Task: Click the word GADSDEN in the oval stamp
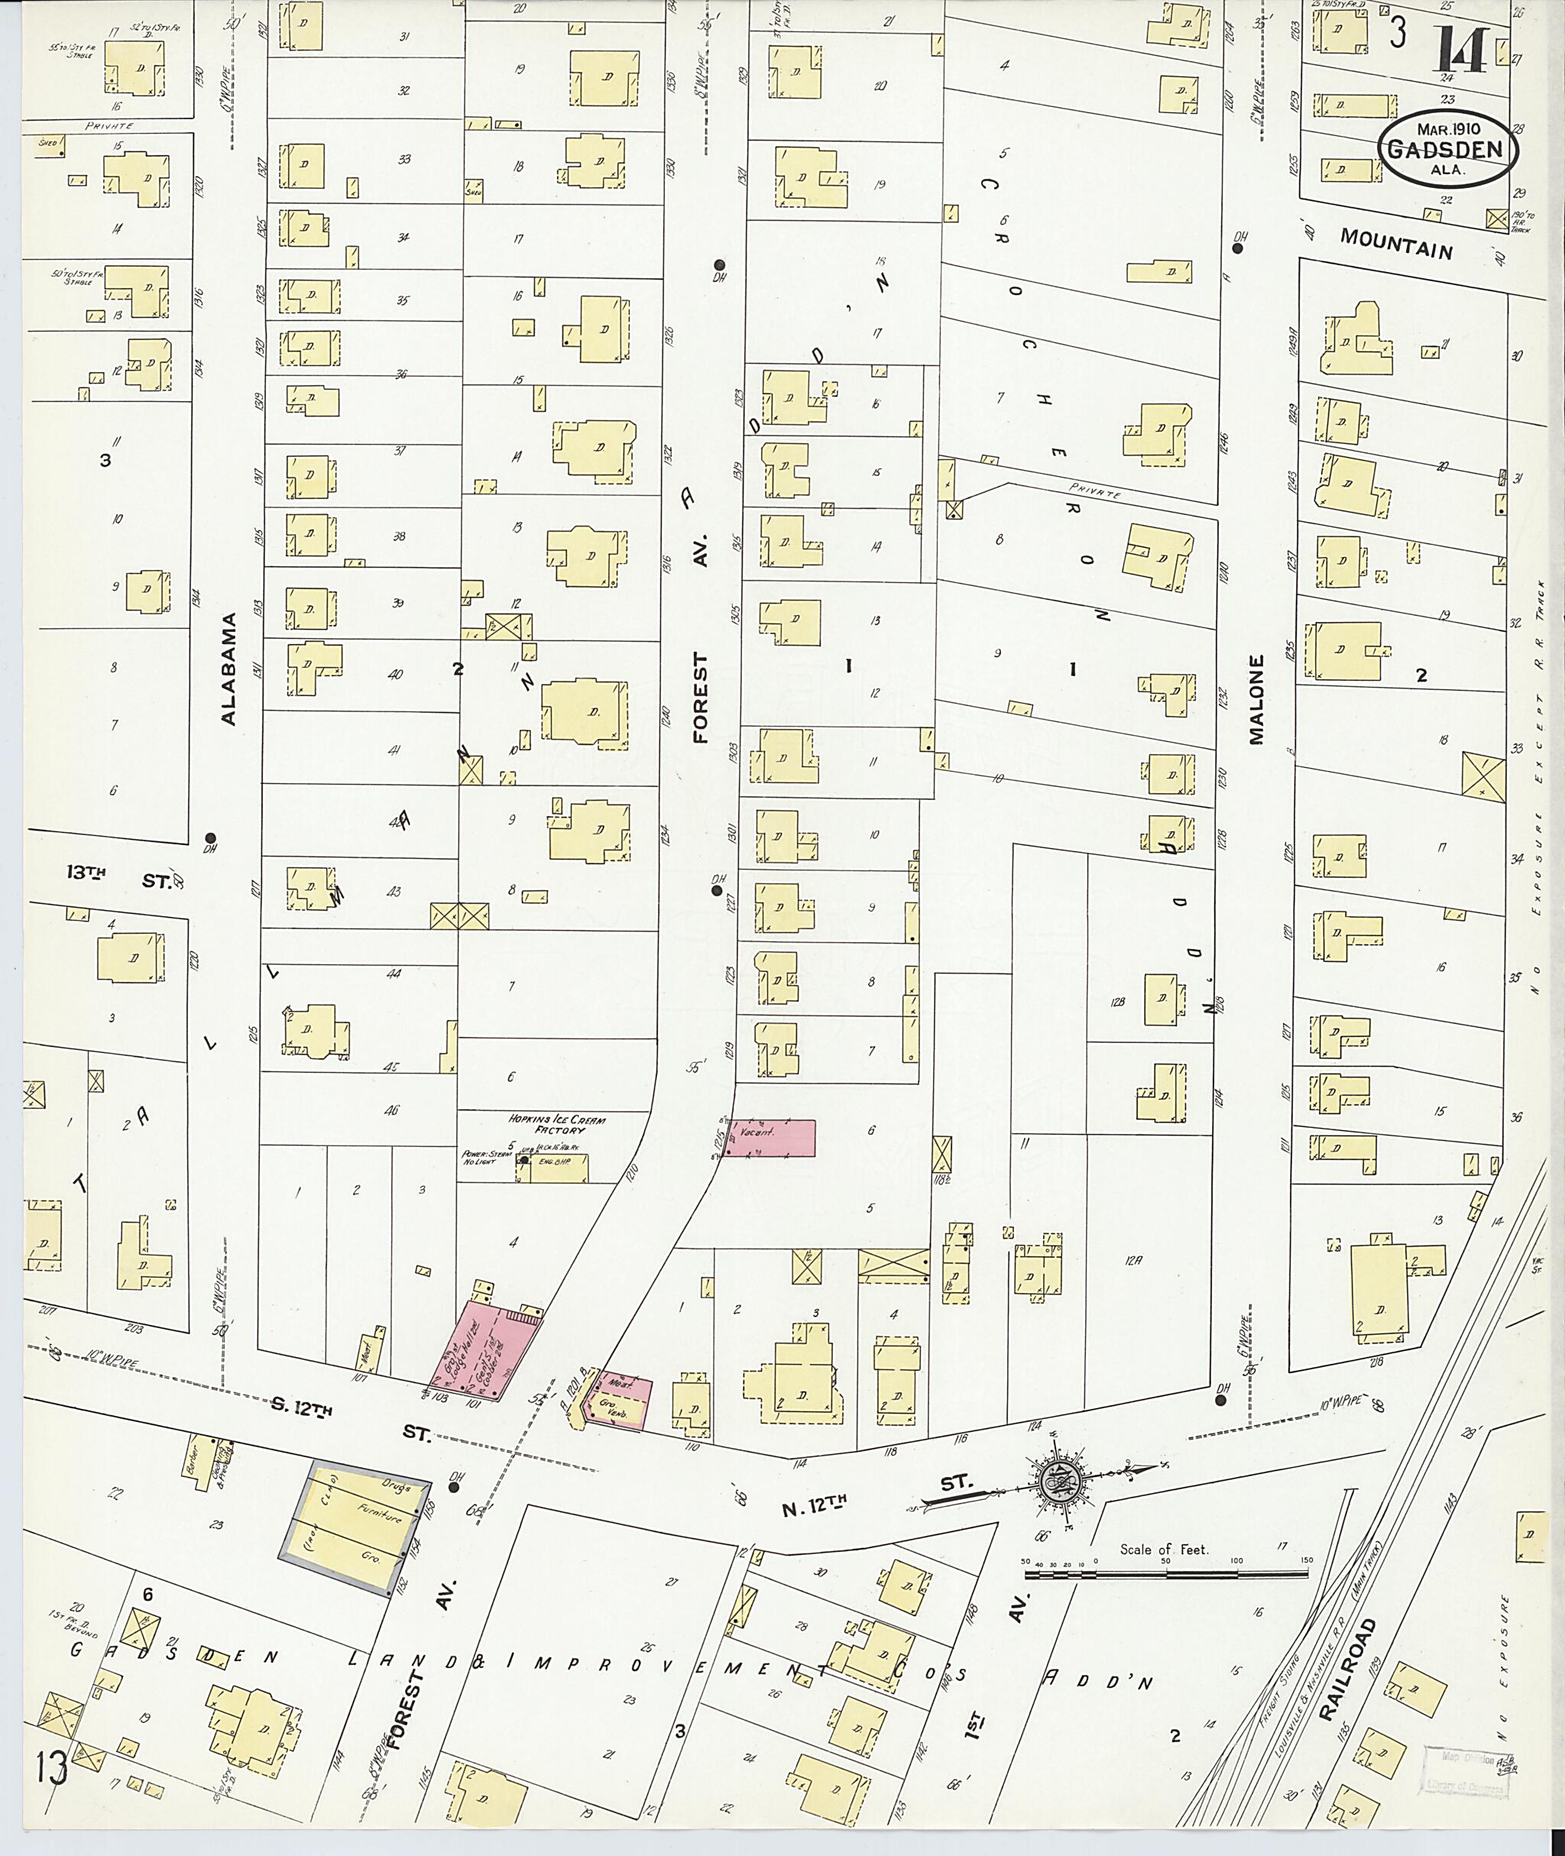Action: click(1447, 149)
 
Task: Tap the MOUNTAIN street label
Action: click(1395, 242)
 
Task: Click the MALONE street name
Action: click(1256, 701)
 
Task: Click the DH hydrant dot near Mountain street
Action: click(1239, 248)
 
